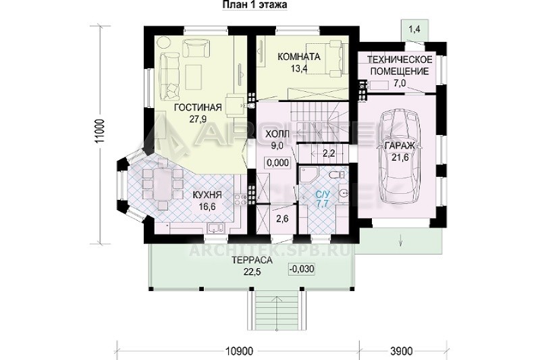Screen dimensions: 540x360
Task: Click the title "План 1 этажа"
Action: coord(255,5)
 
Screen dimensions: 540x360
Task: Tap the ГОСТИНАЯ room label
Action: coord(198,108)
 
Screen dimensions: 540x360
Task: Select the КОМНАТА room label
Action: coord(299,57)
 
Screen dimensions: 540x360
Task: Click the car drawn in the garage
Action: coord(400,161)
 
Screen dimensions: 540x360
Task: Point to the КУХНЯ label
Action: coord(207,195)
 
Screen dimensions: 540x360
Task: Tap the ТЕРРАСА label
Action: coord(252,260)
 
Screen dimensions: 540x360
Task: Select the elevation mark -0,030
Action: coord(302,269)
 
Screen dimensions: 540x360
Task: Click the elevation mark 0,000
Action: coord(277,163)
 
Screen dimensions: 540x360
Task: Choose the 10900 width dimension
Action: coord(239,351)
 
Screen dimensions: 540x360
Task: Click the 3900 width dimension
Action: coord(402,351)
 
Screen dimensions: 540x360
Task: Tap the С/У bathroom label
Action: coord(323,195)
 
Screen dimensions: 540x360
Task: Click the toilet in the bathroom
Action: coord(336,175)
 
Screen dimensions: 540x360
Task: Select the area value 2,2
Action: coord(329,153)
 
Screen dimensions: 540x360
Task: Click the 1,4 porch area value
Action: coord(414,29)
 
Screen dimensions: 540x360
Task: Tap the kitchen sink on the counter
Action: coord(215,228)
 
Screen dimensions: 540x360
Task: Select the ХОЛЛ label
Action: coord(277,134)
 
